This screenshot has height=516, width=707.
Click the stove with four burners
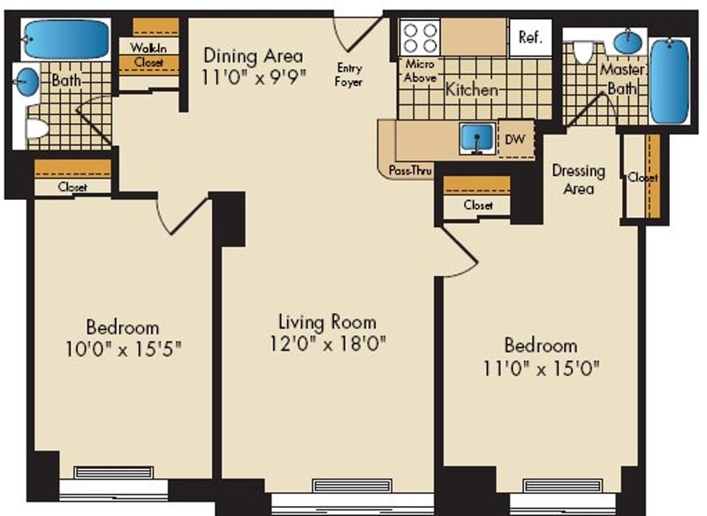419,37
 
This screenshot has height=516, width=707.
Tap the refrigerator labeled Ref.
530,37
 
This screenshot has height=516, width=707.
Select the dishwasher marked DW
516,139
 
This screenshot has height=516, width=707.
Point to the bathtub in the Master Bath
669,81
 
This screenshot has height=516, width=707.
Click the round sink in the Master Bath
628,42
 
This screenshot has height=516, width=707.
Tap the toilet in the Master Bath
582,53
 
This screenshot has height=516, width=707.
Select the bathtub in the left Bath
66,39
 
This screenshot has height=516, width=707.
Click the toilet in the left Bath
37,128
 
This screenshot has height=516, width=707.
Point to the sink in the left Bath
27,81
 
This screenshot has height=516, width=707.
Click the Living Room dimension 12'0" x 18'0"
328,344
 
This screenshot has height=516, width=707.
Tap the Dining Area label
254,56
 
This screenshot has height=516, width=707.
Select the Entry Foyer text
348,75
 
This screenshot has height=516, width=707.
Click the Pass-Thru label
410,171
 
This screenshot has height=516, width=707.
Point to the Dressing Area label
579,180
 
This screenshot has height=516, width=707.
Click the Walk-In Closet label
148,55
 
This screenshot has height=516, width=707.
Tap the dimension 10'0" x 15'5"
124,349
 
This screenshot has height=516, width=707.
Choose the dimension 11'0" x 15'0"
541,369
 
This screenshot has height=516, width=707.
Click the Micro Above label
420,71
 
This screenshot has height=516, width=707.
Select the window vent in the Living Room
352,486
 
